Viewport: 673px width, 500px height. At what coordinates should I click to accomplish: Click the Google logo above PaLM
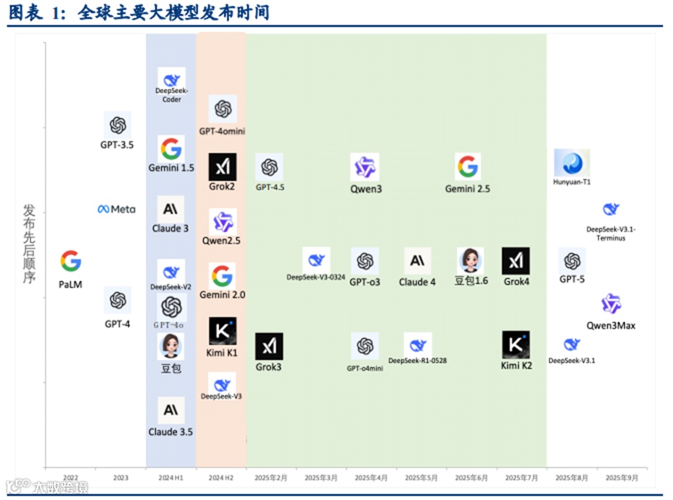click(71, 261)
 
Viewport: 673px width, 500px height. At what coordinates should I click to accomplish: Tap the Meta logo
click(117, 210)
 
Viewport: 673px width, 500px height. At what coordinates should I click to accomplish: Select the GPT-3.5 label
click(117, 145)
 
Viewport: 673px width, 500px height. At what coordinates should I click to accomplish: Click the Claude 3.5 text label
click(171, 432)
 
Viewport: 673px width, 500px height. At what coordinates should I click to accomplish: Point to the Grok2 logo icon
click(222, 167)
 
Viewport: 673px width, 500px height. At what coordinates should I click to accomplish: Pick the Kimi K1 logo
click(222, 330)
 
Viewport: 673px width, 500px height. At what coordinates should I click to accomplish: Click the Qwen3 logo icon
click(365, 167)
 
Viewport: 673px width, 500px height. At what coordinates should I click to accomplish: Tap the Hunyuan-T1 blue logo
click(572, 163)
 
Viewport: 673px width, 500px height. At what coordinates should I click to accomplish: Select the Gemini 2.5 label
click(468, 189)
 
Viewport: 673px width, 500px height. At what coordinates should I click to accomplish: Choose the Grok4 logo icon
click(515, 261)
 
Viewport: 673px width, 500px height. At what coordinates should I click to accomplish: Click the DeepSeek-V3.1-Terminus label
click(611, 233)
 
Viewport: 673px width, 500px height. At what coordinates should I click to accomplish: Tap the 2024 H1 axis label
click(171, 478)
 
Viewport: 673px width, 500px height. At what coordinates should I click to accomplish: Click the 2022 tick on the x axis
click(71, 478)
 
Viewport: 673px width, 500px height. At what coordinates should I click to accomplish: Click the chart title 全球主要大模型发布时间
click(173, 12)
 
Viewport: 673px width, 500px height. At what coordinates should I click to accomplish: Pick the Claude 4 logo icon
click(417, 261)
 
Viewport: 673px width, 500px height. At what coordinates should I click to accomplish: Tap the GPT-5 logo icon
click(572, 261)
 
